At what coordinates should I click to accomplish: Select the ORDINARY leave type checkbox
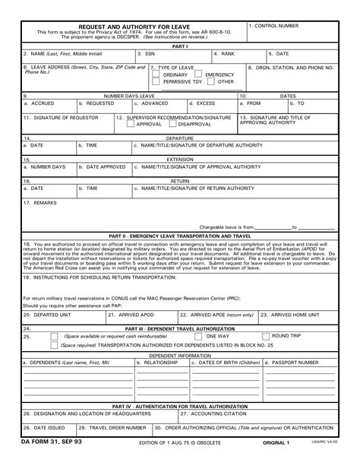[156, 75]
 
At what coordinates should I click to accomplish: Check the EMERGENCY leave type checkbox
[199, 75]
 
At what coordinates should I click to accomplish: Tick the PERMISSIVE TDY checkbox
[156, 82]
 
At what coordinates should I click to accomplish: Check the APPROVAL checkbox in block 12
[131, 124]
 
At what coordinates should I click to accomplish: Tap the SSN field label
[147, 54]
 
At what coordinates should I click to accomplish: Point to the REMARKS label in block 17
[39, 203]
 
